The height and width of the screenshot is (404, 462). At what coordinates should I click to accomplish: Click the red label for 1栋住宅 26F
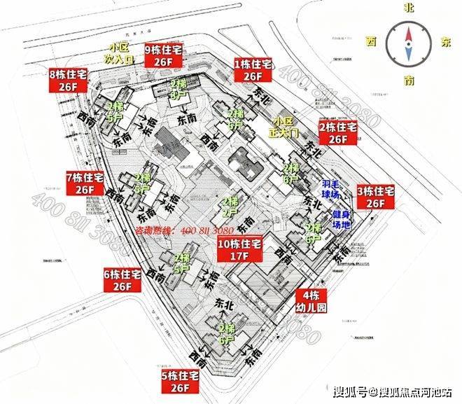[252, 69]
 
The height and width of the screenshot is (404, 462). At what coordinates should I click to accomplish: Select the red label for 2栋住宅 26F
[337, 133]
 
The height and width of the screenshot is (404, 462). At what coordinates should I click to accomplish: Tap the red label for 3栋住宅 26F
[376, 196]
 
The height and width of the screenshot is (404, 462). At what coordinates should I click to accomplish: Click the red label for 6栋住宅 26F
[122, 279]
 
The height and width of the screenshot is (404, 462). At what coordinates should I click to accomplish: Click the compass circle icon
[409, 41]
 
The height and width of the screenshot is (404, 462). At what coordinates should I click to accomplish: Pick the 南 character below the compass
[410, 81]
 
